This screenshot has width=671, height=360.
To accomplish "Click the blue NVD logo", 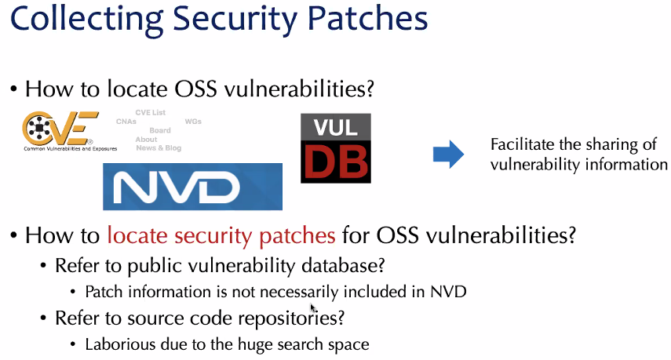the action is [x=192, y=187].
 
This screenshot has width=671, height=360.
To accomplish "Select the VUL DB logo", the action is [x=336, y=148].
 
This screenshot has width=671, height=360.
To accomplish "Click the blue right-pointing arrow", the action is [x=448, y=154].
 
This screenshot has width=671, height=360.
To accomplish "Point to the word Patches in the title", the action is [x=367, y=20].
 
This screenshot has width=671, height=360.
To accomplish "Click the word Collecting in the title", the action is [x=86, y=20].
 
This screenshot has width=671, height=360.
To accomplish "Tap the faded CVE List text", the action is [x=150, y=112].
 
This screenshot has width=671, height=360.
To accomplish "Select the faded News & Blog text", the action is [x=159, y=148].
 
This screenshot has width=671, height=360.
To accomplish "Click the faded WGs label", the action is [x=193, y=122].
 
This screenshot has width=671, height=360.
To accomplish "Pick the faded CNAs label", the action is [x=126, y=122].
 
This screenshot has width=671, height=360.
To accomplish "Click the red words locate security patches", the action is [x=221, y=235].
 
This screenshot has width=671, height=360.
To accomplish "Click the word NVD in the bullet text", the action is [x=448, y=292].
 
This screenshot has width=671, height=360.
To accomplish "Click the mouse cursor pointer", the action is [x=313, y=307].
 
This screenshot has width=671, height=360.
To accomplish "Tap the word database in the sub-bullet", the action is [x=343, y=266].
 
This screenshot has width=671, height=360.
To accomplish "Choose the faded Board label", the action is [x=160, y=130].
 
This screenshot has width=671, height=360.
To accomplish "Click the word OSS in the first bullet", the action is [x=195, y=89].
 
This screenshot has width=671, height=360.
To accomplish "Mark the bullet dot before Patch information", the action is [x=73, y=292].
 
